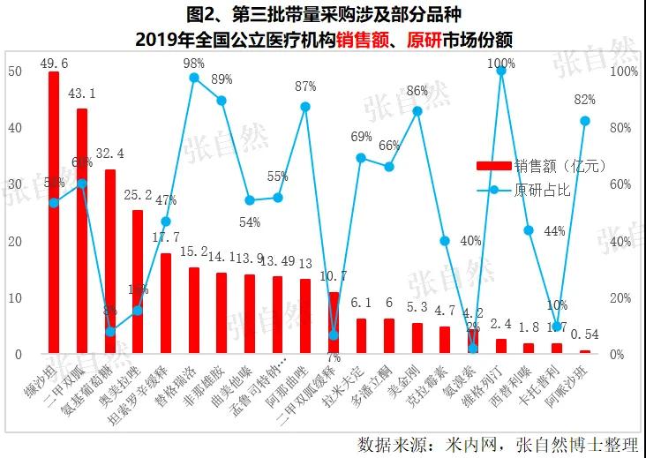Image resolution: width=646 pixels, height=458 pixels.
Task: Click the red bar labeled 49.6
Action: [x=54, y=212]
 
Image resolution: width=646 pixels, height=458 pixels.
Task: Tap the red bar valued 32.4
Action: [x=110, y=261]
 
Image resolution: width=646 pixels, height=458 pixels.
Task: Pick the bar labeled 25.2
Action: [x=138, y=282]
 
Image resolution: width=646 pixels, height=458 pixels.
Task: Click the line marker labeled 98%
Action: [x=194, y=78]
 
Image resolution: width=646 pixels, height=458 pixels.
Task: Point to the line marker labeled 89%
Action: [x=222, y=101]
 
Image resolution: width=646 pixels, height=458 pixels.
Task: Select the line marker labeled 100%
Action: [x=501, y=71]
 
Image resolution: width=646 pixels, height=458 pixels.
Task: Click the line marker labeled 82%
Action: [x=584, y=120]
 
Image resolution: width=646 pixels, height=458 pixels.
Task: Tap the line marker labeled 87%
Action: [x=305, y=107]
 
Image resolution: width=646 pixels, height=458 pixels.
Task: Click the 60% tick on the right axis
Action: [x=623, y=184]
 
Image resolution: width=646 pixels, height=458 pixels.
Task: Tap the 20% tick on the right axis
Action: [x=623, y=297]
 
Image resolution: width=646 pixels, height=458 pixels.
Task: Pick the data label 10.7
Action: [x=333, y=276]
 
